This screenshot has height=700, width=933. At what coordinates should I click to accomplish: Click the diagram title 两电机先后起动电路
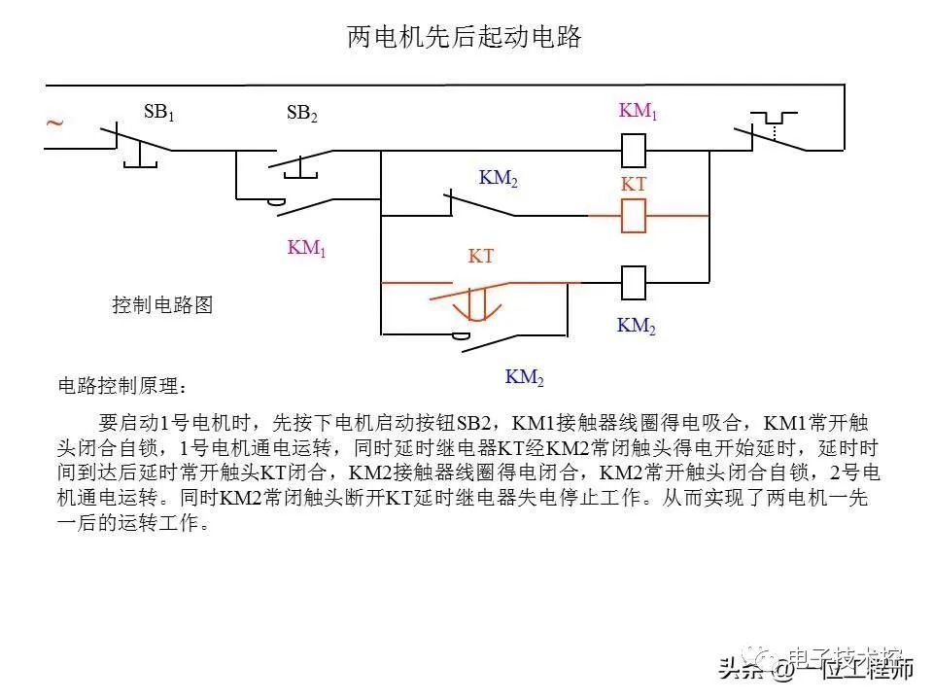465,38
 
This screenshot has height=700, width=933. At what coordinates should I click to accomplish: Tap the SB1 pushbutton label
158,112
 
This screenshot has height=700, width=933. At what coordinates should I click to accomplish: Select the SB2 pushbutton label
301,114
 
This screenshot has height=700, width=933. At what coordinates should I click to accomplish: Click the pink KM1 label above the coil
639,111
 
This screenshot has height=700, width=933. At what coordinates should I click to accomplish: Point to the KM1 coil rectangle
634,151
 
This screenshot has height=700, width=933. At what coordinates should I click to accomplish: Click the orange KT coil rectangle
634,216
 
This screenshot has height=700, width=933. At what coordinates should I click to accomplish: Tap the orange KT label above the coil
634,184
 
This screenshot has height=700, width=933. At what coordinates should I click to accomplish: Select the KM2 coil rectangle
634,283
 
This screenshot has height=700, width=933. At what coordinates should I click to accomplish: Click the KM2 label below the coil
637,327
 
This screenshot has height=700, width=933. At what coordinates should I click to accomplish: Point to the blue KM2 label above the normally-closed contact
499,179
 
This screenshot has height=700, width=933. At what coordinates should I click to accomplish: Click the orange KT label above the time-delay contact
481,257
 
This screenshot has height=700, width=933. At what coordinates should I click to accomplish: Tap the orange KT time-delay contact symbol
476,297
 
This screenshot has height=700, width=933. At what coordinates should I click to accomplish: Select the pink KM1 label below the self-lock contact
306,248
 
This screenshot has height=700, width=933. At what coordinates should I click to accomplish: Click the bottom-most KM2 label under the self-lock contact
524,377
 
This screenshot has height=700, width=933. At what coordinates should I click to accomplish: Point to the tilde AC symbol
55,123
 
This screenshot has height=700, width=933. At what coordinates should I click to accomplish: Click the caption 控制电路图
162,305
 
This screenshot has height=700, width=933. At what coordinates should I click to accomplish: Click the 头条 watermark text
741,669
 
